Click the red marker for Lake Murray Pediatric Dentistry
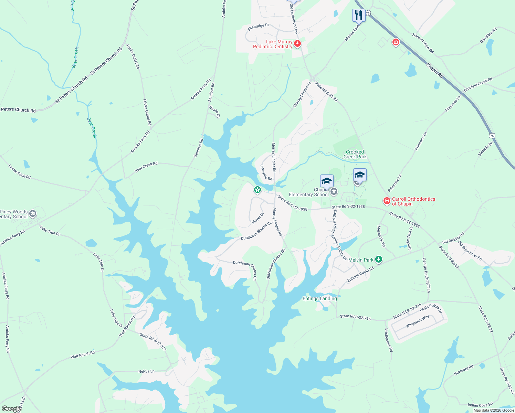tap(297, 44)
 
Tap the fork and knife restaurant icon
tap(358, 15)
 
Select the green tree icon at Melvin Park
tap(379, 260)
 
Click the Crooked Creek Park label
tap(355, 154)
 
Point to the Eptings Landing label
tap(319, 298)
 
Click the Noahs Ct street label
tap(214, 111)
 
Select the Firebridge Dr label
tap(258, 27)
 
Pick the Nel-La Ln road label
tap(146, 371)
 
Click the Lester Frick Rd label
tap(19, 171)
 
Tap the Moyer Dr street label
tap(257, 218)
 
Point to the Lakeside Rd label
tap(266, 172)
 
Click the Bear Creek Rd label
tap(146, 167)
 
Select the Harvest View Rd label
tap(423, 43)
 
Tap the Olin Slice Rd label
tap(488, 35)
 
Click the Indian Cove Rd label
tap(480, 404)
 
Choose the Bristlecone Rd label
tap(388, 340)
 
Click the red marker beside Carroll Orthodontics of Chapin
tap(387, 201)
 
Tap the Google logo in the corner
tap(11, 409)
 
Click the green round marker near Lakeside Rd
tap(257, 189)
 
